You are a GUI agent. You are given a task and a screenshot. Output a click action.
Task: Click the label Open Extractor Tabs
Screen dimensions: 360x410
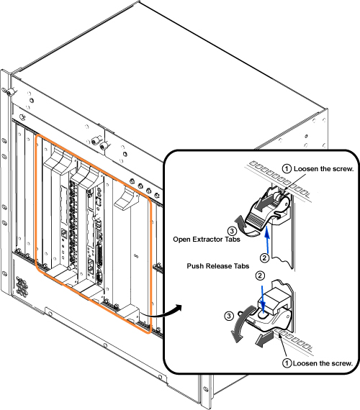point(207,240)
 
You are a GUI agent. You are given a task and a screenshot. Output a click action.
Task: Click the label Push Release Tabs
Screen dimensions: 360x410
point(218,266)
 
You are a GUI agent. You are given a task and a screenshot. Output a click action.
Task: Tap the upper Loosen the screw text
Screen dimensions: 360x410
point(323,168)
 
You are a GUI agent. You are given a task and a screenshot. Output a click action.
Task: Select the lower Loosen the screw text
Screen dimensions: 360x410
point(323,363)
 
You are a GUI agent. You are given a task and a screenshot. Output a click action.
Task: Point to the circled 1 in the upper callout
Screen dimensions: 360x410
point(287,168)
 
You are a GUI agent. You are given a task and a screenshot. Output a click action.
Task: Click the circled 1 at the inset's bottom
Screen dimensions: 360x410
point(287,363)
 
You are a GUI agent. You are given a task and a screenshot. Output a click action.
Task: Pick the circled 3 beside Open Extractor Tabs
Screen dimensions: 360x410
point(232,231)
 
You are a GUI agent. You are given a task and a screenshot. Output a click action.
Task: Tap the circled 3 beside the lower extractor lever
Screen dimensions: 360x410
point(229,316)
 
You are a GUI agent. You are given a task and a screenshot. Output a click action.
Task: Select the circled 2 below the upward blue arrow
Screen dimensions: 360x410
point(264,258)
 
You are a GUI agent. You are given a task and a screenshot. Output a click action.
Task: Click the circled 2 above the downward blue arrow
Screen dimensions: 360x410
point(260,275)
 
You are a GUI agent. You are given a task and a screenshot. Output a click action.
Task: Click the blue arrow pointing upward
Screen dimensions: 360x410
point(267,240)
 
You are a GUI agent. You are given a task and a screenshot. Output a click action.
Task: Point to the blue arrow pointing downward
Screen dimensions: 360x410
point(263,299)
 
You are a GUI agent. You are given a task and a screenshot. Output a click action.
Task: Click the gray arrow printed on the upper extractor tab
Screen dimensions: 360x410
point(264,204)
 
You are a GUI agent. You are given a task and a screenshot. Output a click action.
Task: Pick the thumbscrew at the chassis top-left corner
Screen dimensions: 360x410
point(11,92)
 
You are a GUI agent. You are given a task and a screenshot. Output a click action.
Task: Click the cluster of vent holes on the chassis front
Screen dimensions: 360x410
point(22,286)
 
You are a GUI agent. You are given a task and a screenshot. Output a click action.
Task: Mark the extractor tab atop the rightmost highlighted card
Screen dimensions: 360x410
point(127,199)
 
